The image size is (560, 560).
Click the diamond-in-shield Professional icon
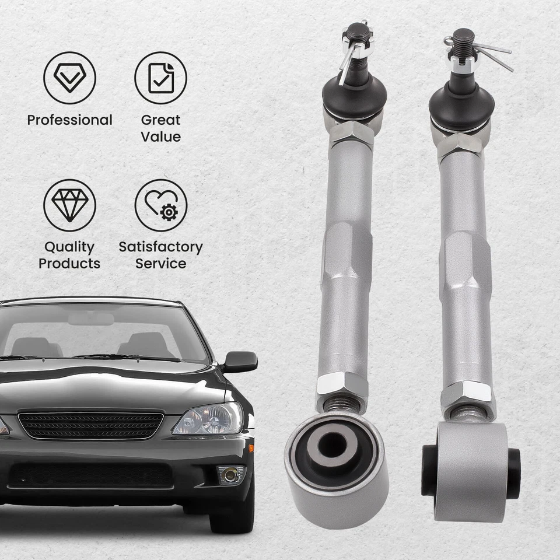coord(69,78)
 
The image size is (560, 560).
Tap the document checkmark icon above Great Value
coord(160,78)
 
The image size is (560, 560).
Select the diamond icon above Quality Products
coord(69,205)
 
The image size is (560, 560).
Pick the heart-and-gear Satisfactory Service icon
coord(160,205)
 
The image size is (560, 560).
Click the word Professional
coord(69,120)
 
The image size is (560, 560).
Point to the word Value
coord(160,137)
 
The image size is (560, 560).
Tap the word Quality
coord(69,247)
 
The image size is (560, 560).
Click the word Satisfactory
coord(160,247)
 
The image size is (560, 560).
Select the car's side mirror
coord(239,361)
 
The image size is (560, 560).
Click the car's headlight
coord(208,419)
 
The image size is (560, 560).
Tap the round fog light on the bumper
coord(230,474)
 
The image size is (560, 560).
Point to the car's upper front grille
coord(90,425)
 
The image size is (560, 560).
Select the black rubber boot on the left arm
coord(354,96)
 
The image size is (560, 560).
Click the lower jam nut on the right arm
coord(467,393)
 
